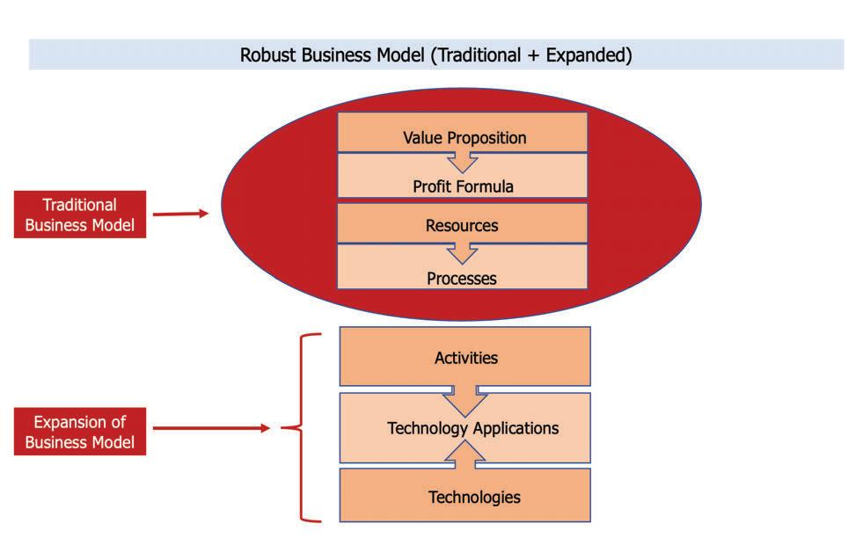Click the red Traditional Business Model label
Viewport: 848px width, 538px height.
coord(79,214)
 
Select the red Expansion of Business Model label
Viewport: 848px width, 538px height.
coord(79,432)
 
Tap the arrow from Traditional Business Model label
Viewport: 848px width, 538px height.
coord(180,213)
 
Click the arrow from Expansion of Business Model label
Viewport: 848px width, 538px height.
coord(211,428)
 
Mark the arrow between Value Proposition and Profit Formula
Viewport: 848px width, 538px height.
coord(462,161)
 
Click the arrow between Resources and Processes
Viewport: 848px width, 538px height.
coord(462,253)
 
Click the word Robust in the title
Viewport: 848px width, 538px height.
coord(268,55)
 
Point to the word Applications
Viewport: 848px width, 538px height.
coord(515,428)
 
